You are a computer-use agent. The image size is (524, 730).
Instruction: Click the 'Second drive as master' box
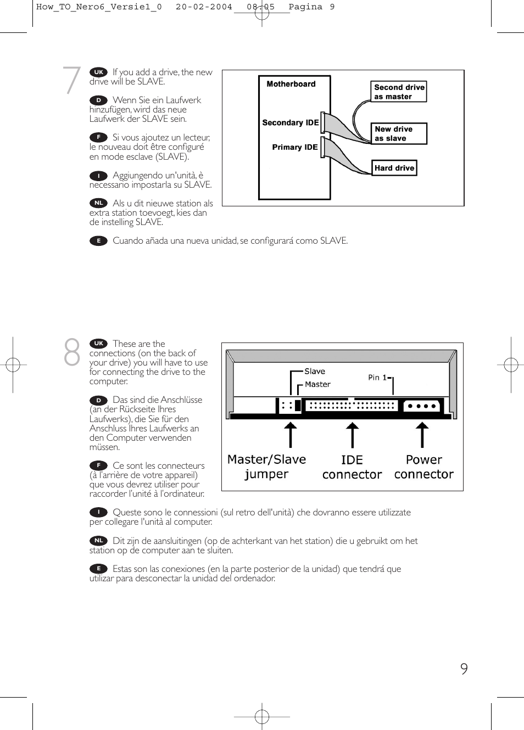[x=399, y=92]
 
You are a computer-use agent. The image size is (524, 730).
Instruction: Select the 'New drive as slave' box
[x=399, y=133]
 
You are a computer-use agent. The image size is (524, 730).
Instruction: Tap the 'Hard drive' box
[x=394, y=168]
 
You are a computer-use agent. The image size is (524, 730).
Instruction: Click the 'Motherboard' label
[x=291, y=84]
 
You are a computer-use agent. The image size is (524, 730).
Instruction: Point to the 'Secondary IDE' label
[x=290, y=122]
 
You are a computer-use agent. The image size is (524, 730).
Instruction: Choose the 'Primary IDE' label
[x=294, y=147]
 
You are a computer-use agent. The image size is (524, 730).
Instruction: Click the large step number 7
[x=72, y=80]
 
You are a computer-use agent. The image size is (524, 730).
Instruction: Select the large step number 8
[x=72, y=352]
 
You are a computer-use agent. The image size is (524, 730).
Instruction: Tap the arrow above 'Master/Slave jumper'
[x=290, y=435]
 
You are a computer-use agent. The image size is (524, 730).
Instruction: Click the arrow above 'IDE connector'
[x=352, y=435]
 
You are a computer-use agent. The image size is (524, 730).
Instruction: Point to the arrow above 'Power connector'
[x=422, y=435]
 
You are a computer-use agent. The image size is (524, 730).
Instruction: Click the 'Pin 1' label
[x=378, y=378]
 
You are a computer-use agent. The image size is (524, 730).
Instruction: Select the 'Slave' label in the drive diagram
[x=315, y=372]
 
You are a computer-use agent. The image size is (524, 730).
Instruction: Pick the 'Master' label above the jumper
[x=317, y=384]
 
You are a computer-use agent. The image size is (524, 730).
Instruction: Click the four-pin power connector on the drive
[x=422, y=406]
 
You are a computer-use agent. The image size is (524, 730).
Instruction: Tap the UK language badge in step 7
[x=98, y=72]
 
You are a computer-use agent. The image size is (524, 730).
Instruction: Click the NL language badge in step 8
[x=98, y=541]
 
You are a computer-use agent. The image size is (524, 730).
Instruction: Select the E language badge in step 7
[x=98, y=240]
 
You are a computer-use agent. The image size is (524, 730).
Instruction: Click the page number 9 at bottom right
[x=464, y=669]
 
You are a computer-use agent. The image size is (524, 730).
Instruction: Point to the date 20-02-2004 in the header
[x=204, y=7]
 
